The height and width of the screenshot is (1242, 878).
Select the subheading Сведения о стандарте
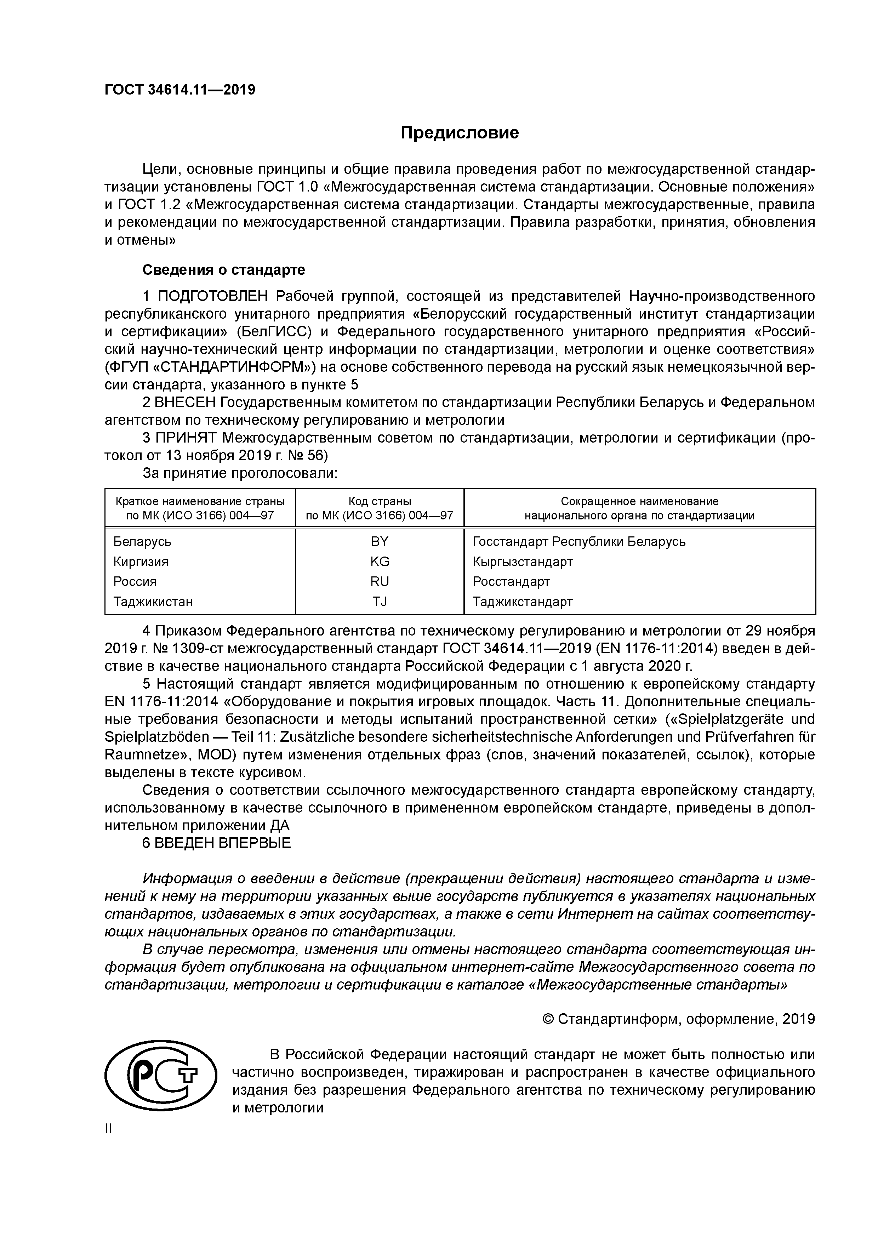coord(223,269)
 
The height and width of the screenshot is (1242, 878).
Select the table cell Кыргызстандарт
coord(523,562)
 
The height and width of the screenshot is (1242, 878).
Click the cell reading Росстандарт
coord(511,581)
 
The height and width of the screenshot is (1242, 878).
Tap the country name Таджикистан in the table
coord(153,602)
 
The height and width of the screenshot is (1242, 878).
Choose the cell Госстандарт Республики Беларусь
coord(579,541)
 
